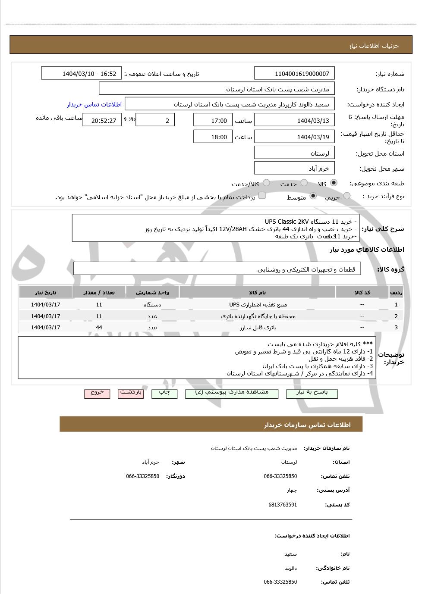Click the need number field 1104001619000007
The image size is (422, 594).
pos(295,74)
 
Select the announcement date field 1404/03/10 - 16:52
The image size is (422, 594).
pos(82,74)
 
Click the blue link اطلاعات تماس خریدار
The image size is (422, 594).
pos(94,104)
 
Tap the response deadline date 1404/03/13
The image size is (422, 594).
pos(295,121)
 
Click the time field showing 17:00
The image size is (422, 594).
pos(213,121)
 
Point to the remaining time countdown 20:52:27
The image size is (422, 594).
pos(102,121)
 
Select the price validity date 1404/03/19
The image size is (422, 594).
pos(295,137)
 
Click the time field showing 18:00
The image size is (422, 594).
pos(213,137)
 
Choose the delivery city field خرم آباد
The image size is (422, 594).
pos(295,169)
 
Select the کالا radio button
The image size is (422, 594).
pos(334,183)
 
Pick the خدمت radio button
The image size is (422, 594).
pos(304,183)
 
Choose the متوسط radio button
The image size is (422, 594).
pos(313,196)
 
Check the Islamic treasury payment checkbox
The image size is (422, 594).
pos(262,196)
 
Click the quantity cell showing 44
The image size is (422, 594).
pos(99,327)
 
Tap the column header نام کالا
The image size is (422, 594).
pos(257,293)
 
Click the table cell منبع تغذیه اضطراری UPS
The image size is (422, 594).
pos(257,305)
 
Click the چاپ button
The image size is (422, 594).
pos(164,393)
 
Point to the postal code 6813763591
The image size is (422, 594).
pos(282,505)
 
